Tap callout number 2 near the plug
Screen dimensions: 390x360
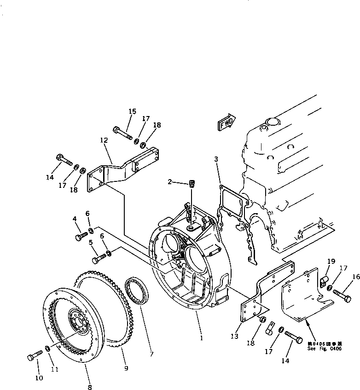point(169,182)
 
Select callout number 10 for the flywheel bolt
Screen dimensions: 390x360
point(39,378)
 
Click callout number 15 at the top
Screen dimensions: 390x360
point(132,111)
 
